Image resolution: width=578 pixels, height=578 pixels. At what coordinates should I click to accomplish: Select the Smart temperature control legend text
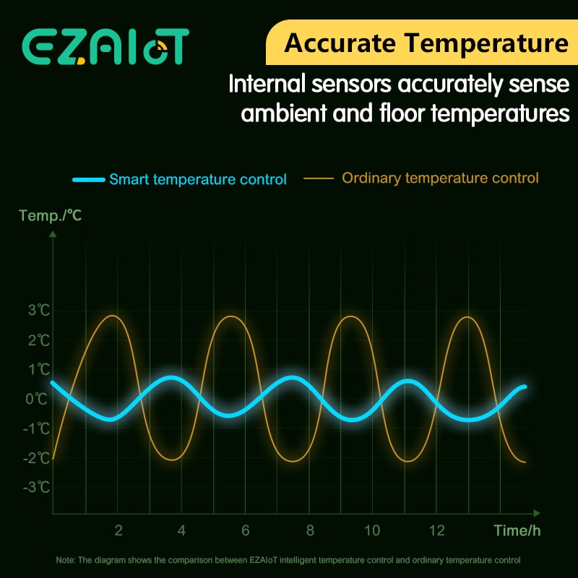pos(198,179)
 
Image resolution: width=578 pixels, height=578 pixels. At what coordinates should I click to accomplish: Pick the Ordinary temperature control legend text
pos(440,178)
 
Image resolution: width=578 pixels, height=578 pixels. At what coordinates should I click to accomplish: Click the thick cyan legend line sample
pos(88,179)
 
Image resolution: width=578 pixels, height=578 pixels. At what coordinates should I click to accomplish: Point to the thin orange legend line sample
pos(319,178)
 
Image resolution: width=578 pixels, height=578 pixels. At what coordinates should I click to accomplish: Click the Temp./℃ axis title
pos(50,215)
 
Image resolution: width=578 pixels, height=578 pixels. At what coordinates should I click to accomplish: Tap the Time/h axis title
pos(517,530)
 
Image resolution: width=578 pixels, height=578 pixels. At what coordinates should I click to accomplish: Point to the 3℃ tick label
pos(39,311)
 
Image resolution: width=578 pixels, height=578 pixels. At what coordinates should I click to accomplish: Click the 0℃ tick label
pos(39,399)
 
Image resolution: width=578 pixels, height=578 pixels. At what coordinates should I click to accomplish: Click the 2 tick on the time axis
pos(118,530)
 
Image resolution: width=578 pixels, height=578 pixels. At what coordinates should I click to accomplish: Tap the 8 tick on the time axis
pos(309,530)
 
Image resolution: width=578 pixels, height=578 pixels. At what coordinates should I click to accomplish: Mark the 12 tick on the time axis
pos(436,530)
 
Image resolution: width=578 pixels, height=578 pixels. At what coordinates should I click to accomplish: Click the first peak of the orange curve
pos(113,316)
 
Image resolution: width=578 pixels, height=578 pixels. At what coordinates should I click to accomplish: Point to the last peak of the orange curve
pos(468,317)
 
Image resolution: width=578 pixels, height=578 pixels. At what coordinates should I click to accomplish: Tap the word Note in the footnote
pos(66,560)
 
